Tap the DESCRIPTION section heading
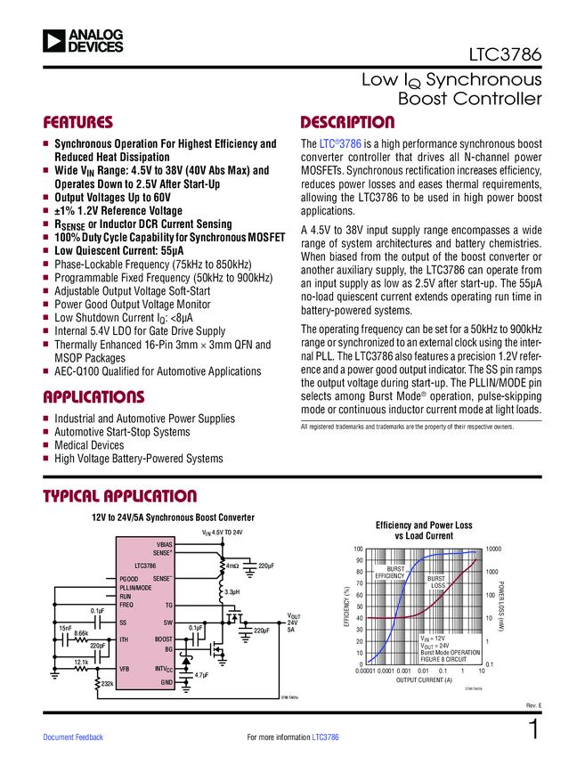[x=347, y=122]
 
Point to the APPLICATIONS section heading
[x=93, y=396]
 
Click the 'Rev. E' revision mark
[x=533, y=707]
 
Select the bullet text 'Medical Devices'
[x=89, y=445]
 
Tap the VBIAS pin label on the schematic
[x=165, y=543]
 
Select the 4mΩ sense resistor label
[x=232, y=566]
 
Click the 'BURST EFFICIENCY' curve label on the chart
[x=390, y=573]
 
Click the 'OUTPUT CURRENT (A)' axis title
[x=424, y=680]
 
